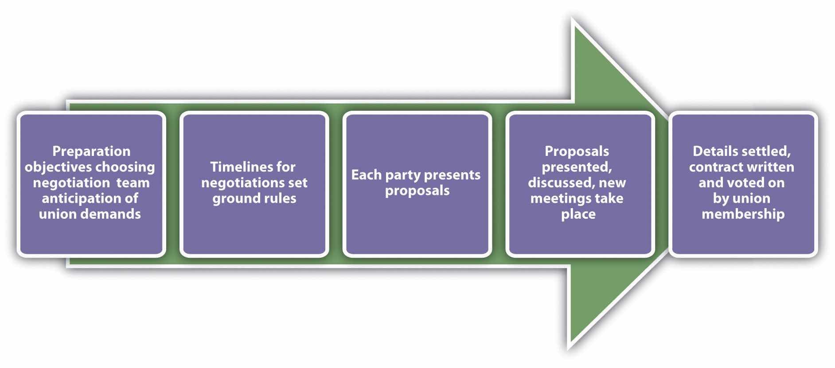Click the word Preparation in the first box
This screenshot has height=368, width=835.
point(91,151)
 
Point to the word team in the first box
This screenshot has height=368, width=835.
point(133,183)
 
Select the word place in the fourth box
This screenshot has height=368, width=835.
point(578,215)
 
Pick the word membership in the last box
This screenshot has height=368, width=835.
point(743,214)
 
